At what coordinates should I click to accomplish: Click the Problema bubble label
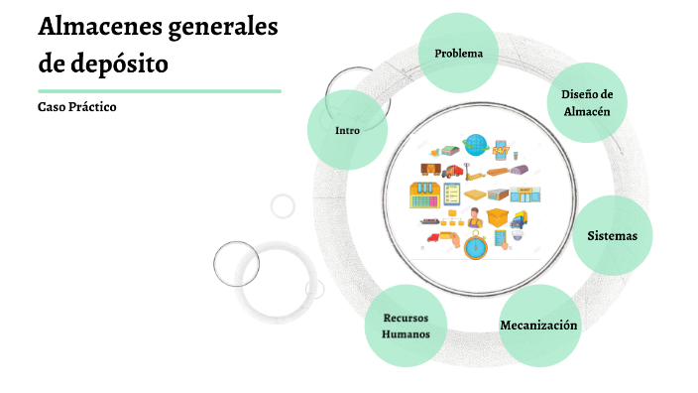point(458,54)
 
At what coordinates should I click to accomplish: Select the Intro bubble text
point(347,131)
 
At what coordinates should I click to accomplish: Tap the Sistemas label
point(612,236)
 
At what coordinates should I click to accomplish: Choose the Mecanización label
point(538,326)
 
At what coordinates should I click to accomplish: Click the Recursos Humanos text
point(406,327)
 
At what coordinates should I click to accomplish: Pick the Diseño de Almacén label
point(587,103)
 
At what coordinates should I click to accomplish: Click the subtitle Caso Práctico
point(77,107)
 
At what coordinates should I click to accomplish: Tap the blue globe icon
point(476,145)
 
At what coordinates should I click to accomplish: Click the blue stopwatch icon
point(476,245)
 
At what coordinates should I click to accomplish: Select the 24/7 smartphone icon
point(501,150)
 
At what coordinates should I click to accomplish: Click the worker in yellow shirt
point(475,218)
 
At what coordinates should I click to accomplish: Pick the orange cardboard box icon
point(498,217)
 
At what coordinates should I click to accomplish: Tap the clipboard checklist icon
point(451,194)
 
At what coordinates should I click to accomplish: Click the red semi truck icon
point(452,171)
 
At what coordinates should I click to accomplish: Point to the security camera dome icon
point(518,235)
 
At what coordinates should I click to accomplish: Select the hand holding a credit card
point(450,239)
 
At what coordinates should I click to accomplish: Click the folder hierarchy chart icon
point(452,217)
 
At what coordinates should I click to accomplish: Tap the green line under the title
point(160,91)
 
